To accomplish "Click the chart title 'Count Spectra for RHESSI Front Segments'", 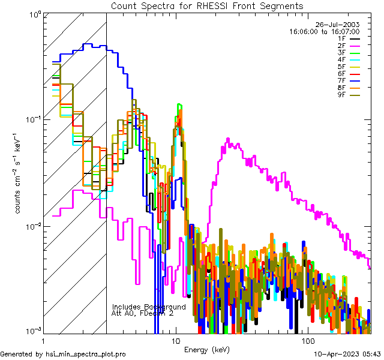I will [x=207, y=5].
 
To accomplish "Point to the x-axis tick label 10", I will [x=175, y=341].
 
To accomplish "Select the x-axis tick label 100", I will [x=307, y=341].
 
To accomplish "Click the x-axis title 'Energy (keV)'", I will [x=207, y=349].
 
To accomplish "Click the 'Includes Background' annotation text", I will [x=149, y=307].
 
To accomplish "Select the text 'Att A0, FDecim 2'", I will [x=143, y=313].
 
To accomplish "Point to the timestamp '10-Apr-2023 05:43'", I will [x=348, y=355].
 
